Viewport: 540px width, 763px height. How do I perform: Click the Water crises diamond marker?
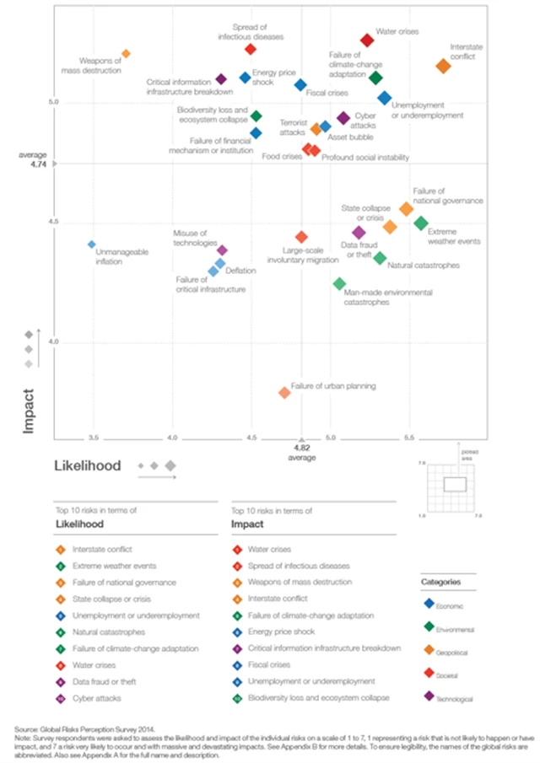[x=367, y=40]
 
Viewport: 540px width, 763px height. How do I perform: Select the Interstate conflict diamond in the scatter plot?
[x=444, y=66]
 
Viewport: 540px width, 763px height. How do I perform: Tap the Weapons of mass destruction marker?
[x=126, y=54]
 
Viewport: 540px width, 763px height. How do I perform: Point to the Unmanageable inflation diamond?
[x=92, y=244]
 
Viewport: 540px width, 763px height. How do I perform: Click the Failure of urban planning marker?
[x=284, y=392]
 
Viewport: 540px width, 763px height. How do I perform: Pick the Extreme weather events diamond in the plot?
[x=421, y=223]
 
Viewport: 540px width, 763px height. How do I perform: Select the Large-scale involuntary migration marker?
[x=301, y=237]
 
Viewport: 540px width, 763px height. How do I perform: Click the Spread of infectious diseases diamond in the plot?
[x=251, y=49]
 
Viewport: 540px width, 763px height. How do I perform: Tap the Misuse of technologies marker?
[x=223, y=250]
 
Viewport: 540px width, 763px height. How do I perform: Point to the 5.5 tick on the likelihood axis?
[x=409, y=438]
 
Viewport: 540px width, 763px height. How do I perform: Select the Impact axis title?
[x=28, y=410]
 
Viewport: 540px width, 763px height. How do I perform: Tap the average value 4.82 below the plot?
[x=301, y=449]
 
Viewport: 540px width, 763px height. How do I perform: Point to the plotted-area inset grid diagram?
[x=456, y=484]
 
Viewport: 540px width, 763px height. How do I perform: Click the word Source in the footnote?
[x=26, y=728]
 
